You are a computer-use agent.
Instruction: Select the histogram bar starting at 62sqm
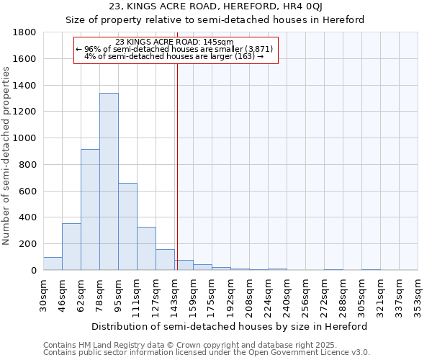tap(90, 210)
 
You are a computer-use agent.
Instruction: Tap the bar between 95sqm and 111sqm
tap(127, 226)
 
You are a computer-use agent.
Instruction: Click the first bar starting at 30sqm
tap(53, 264)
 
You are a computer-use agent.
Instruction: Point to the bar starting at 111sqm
tap(146, 248)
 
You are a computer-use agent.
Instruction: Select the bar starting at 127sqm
tap(165, 259)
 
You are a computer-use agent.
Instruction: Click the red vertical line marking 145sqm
tap(176, 166)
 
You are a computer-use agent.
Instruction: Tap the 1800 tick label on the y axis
tap(26, 32)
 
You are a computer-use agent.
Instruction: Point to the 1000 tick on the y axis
tap(26, 138)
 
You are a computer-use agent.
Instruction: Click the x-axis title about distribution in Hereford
tap(230, 326)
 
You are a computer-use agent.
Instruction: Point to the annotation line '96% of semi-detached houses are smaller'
tap(176, 48)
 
